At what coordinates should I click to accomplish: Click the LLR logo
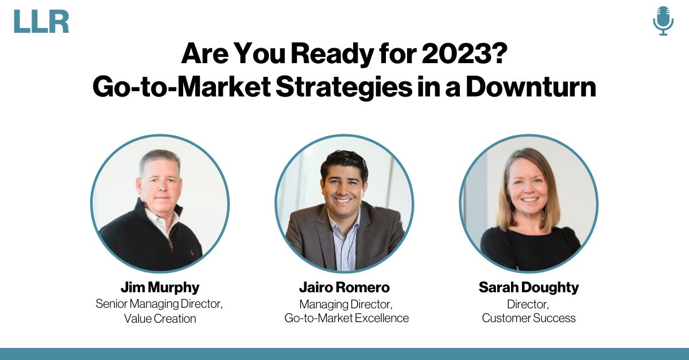point(41,21)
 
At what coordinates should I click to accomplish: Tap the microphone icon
point(663,21)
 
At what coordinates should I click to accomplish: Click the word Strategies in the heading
point(344,87)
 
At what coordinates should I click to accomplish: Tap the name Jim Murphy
point(160,288)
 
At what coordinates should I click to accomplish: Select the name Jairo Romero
point(344,288)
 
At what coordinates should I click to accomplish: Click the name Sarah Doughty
point(529,288)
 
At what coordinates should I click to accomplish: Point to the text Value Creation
point(160,319)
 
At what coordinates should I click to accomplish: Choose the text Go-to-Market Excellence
point(347,318)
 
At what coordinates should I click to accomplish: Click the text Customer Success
point(529,318)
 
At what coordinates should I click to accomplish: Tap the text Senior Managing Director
point(159,304)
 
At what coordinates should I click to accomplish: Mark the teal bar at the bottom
point(344,354)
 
